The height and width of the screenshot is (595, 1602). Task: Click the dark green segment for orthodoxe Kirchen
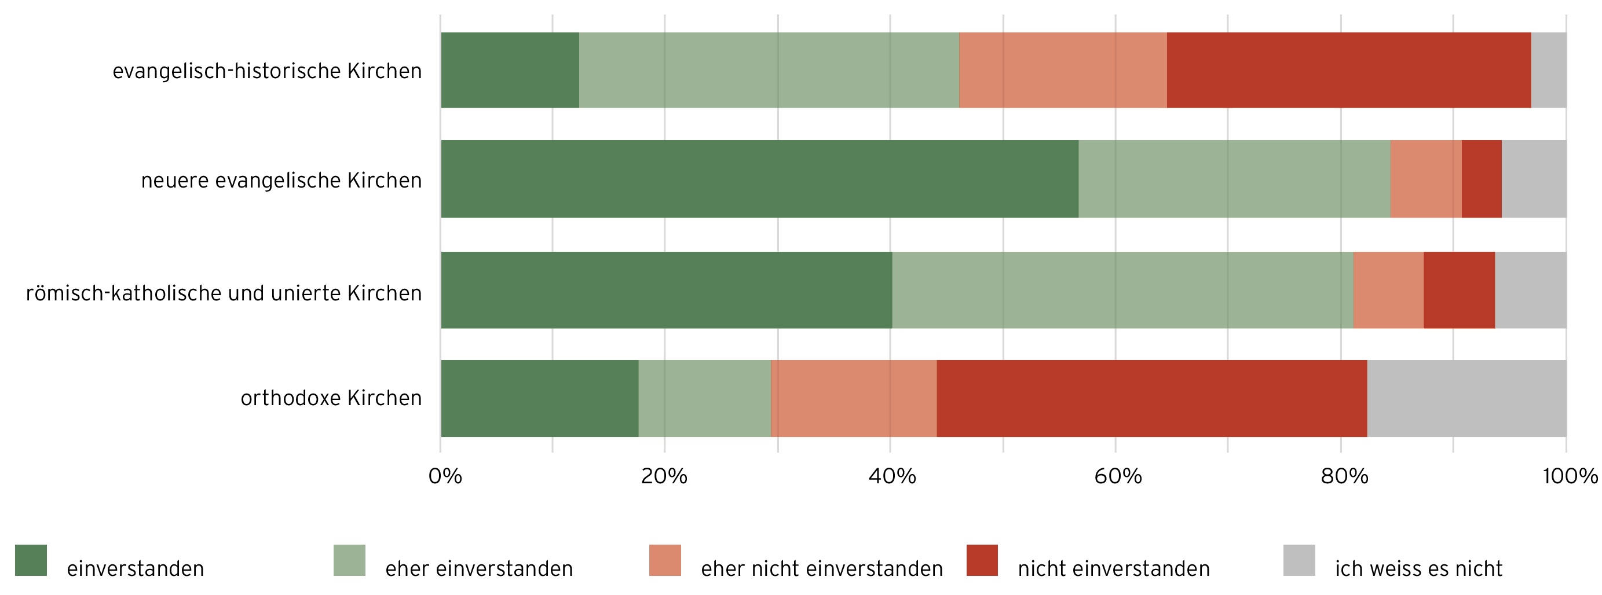click(539, 398)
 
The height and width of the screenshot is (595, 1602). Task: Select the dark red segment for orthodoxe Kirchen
click(1152, 398)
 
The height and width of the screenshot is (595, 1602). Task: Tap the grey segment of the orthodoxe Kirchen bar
click(1466, 398)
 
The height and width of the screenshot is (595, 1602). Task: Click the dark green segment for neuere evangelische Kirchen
click(759, 178)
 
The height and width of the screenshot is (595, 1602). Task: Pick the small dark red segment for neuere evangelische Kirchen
click(1482, 178)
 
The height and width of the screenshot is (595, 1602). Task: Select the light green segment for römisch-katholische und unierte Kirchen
click(1122, 290)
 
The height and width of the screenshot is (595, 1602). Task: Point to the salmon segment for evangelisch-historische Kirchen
click(1063, 69)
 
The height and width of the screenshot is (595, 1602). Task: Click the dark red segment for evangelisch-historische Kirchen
click(1349, 69)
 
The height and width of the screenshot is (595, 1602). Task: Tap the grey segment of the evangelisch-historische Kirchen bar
click(1549, 69)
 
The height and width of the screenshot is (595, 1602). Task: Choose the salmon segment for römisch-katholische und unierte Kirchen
click(1388, 290)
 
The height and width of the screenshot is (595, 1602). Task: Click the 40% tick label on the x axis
click(892, 476)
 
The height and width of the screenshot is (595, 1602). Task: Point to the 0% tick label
click(445, 476)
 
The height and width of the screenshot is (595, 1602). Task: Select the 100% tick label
click(1570, 476)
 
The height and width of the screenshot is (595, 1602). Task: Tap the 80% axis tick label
click(1344, 476)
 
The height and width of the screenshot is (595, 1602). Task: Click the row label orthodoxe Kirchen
click(331, 398)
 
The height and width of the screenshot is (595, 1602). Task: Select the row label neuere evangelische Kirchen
click(281, 181)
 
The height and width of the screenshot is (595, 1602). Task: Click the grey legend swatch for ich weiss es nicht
click(1299, 560)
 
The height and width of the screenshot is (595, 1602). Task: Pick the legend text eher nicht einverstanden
click(821, 569)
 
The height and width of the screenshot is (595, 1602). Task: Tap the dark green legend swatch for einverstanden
click(31, 560)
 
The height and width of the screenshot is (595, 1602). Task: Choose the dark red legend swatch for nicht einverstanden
click(982, 560)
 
